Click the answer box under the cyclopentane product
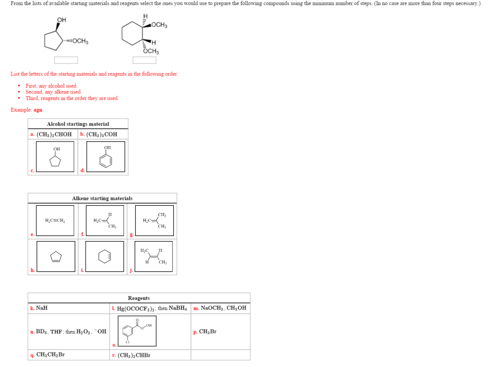66,60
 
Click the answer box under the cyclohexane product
144,60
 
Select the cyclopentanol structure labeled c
55,157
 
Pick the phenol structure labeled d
106,157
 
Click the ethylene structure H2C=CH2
55,220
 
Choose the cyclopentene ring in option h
56,256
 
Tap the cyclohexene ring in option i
105,256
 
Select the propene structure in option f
105,220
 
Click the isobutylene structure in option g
154,220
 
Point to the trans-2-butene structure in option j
154,256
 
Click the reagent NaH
41,308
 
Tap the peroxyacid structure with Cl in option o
137,331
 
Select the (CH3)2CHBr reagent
134,355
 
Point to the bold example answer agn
38,110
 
